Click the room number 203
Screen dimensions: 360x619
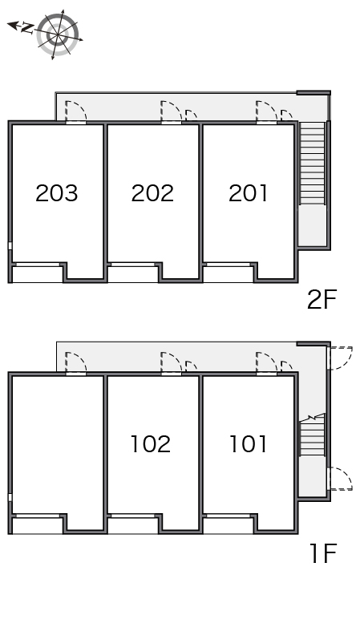click(56, 193)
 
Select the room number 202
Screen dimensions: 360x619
click(152, 193)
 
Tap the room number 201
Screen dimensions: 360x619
click(248, 193)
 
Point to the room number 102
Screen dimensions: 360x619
click(151, 443)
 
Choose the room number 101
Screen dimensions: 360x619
click(248, 443)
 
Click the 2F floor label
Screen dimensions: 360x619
click(322, 300)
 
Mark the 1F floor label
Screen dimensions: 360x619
click(323, 553)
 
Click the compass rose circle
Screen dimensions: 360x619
click(58, 34)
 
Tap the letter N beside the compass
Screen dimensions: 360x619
click(26, 27)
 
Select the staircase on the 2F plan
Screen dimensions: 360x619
click(312, 163)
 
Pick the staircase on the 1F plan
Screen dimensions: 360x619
click(312, 435)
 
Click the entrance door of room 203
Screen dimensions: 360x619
click(76, 112)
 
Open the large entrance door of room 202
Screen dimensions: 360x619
click(172, 112)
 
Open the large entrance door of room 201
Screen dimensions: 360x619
click(266, 112)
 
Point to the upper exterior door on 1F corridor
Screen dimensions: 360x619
click(340, 358)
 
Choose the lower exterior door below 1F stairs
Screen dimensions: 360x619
click(340, 479)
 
